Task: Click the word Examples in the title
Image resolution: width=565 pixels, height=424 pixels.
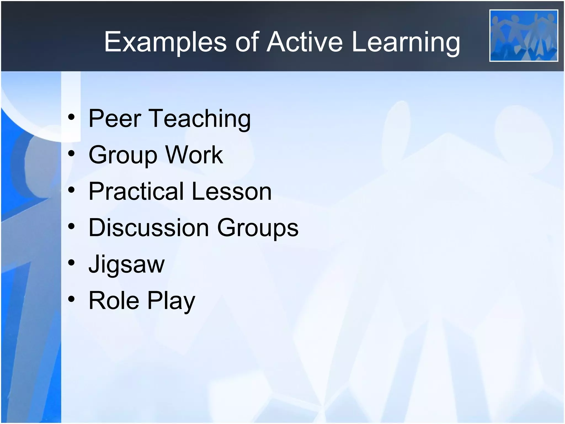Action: click(x=165, y=42)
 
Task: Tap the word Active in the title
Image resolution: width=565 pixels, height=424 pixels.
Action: click(x=305, y=42)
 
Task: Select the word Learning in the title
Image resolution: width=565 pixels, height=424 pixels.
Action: click(x=406, y=42)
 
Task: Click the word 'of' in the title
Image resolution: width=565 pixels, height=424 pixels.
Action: click(x=247, y=42)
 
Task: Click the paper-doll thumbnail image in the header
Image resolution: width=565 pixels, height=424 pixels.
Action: click(x=524, y=36)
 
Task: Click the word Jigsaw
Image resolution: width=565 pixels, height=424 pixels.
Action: click(x=126, y=264)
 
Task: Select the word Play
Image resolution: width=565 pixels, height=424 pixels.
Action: click(x=171, y=301)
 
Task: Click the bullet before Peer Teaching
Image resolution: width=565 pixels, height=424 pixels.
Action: click(x=71, y=118)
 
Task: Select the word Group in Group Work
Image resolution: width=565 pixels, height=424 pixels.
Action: click(x=122, y=155)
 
